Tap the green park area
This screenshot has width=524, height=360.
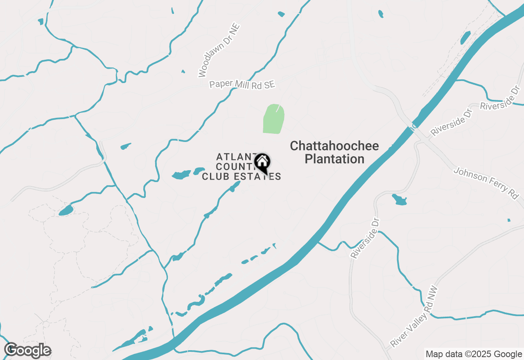point(273,119)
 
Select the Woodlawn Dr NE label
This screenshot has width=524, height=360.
point(219,50)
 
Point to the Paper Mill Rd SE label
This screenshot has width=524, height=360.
point(242,84)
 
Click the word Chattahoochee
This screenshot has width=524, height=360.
point(334,146)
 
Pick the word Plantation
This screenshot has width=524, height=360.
point(334,159)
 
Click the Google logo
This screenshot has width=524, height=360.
point(27,350)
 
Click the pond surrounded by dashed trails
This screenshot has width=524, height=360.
point(66,211)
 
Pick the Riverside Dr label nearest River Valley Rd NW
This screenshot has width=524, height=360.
point(365,237)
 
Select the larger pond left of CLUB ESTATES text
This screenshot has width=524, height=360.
point(181,175)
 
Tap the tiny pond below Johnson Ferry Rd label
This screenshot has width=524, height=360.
point(509,220)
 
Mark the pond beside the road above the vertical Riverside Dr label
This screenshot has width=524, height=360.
point(399,200)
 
